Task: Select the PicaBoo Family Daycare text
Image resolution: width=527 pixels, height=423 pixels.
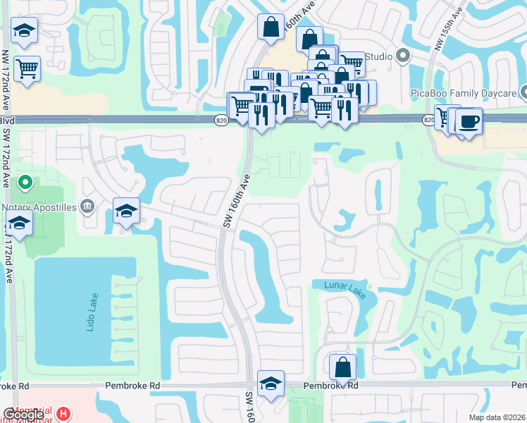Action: [462, 93]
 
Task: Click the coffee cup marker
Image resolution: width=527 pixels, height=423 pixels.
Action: [469, 121]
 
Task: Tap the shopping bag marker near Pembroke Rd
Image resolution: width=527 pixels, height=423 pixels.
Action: [342, 367]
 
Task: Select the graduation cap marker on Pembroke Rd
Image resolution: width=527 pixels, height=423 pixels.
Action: [271, 384]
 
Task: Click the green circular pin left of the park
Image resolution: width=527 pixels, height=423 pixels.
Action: [25, 183]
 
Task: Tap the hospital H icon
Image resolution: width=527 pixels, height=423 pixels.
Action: [63, 412]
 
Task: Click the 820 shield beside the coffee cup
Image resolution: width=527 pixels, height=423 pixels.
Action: [429, 121]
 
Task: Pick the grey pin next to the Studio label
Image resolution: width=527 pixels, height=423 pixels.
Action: [403, 55]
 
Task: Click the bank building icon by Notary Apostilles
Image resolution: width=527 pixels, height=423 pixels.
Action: [87, 206]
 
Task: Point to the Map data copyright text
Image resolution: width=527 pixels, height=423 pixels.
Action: [497, 417]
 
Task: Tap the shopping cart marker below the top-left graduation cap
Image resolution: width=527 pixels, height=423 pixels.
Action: [27, 68]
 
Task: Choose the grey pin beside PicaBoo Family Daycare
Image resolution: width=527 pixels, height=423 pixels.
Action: [523, 93]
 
